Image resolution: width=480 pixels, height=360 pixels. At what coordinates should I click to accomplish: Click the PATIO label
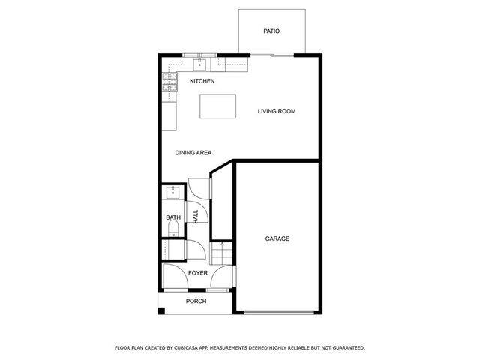pos(271,31)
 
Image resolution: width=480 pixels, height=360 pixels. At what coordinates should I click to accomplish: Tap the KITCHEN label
pos(202,81)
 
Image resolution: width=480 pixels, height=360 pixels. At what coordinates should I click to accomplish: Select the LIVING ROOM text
pos(277,112)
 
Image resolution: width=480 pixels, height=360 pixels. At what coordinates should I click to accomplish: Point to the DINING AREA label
pos(193,153)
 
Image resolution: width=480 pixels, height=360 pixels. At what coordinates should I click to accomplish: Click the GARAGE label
pos(277,238)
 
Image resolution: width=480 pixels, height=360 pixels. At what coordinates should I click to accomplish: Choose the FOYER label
pos(198,273)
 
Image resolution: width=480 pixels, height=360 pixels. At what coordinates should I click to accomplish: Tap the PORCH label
pos(196,301)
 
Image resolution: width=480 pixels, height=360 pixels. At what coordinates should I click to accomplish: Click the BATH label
pos(173,218)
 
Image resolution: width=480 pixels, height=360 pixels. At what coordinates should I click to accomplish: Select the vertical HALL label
pos(196,217)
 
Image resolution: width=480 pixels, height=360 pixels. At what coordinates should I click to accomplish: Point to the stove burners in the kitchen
pos(169,82)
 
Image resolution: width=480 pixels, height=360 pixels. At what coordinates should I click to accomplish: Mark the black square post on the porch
pos(161,310)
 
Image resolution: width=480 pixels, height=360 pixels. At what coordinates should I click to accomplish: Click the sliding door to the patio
pos(271,55)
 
